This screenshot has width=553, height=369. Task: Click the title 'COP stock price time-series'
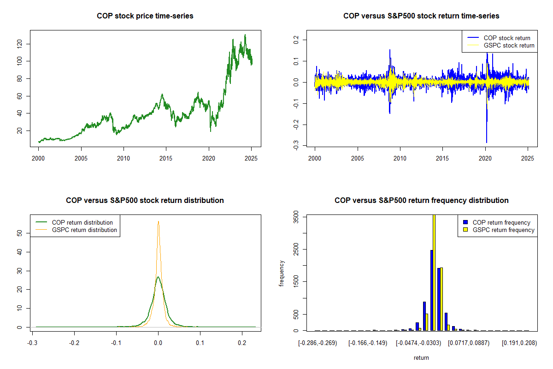[145, 16]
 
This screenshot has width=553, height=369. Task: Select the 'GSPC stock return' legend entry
[509, 45]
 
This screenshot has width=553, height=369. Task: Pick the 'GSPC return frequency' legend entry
[504, 230]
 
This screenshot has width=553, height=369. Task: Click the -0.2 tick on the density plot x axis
[74, 343]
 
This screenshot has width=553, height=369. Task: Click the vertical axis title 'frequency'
[282, 273]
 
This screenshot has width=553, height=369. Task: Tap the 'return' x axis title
[421, 357]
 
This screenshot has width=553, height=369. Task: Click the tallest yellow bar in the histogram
[434, 272]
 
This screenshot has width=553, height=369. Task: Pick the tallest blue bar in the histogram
[431, 291]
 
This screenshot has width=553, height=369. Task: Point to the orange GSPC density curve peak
[158, 221]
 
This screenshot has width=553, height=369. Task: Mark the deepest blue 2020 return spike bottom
[486, 142]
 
